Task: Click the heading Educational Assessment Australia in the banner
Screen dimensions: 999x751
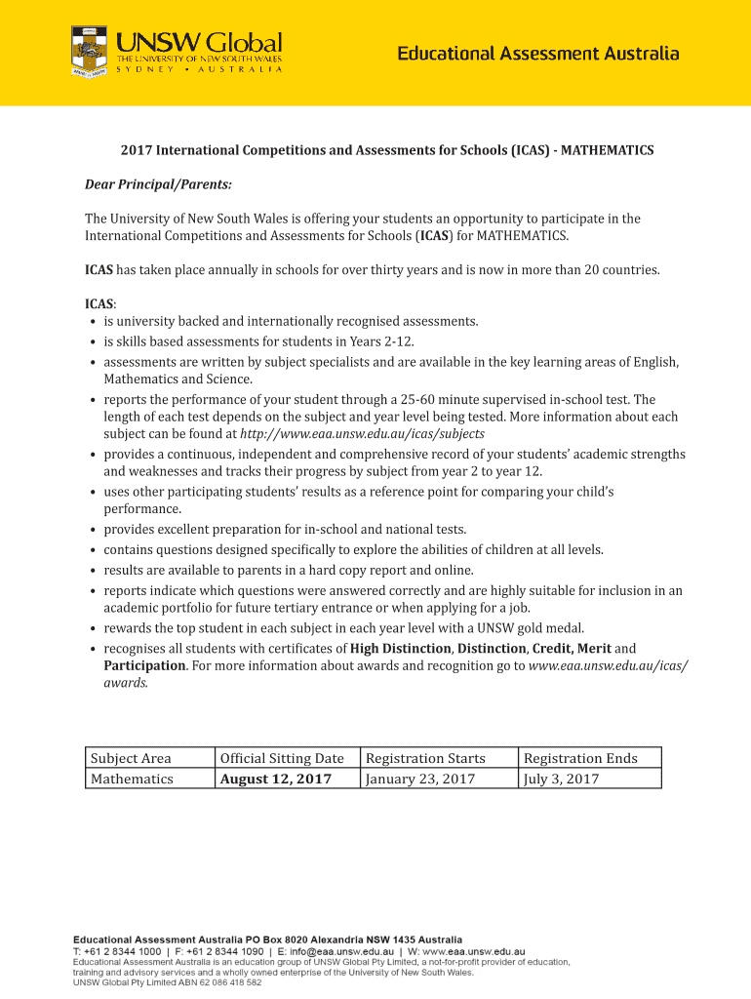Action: (537, 55)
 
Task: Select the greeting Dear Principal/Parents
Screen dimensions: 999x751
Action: (158, 184)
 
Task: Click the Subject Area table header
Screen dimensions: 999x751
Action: (131, 758)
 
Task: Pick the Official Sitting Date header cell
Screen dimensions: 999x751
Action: (282, 758)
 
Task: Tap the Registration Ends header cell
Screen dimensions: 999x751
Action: (580, 758)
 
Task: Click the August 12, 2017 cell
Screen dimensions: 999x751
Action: (276, 779)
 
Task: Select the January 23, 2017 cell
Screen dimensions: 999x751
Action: (420, 779)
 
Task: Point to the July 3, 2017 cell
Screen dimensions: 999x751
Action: (561, 779)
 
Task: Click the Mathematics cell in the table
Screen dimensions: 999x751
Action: (132, 779)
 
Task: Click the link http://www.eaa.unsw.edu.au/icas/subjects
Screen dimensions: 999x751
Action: (362, 433)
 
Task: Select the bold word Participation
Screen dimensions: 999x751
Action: (145, 665)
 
